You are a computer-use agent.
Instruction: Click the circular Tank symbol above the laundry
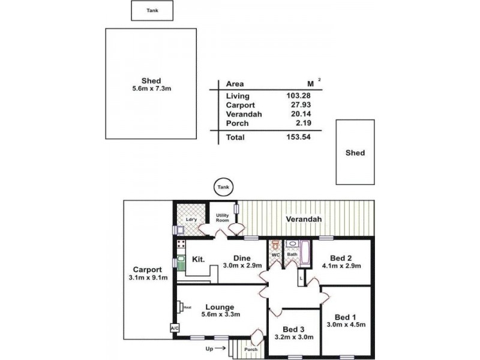point(223,188)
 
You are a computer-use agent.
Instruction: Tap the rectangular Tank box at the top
point(152,11)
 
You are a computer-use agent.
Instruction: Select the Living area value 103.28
point(298,96)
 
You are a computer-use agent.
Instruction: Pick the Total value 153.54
point(298,137)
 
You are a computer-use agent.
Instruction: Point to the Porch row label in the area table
point(237,123)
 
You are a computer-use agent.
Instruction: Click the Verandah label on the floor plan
point(304,220)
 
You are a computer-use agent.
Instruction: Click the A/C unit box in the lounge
point(175,329)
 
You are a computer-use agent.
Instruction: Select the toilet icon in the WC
point(275,246)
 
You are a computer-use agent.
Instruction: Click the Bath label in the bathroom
point(292,254)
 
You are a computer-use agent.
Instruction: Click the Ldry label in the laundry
point(191,220)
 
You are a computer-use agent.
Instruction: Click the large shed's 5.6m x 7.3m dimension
point(151,89)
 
